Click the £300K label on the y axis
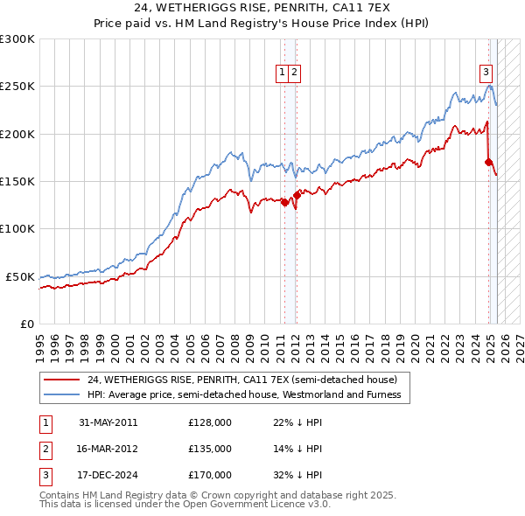(x=17, y=39)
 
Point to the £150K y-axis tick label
(x=17, y=181)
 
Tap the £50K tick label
(x=21, y=276)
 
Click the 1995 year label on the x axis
(x=40, y=341)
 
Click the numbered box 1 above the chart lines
(x=283, y=73)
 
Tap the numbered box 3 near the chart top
(x=486, y=73)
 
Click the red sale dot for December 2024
(x=488, y=162)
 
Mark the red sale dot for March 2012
(x=297, y=195)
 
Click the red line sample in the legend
(x=60, y=380)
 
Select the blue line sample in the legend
(x=60, y=394)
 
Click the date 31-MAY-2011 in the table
(x=108, y=422)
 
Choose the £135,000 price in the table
(x=210, y=449)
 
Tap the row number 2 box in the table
(x=45, y=449)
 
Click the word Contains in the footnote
(x=61, y=495)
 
